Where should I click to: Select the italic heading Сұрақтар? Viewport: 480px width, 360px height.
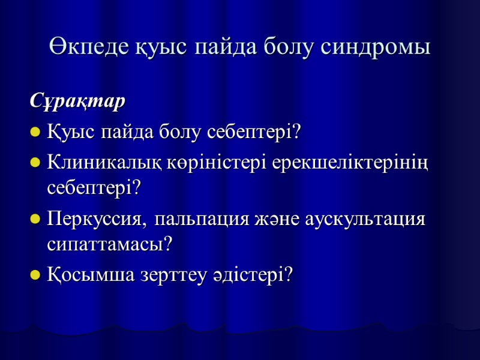tap(77, 101)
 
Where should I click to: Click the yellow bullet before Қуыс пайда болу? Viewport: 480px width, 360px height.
tap(35, 132)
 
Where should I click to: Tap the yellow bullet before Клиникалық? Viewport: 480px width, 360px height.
tap(35, 161)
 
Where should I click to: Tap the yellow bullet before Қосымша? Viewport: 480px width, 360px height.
tap(35, 275)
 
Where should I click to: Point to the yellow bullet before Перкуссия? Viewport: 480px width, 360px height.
tap(35, 218)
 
